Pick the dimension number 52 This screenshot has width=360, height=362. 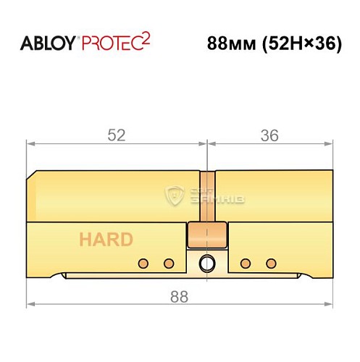116,135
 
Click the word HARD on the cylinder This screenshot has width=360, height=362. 106,240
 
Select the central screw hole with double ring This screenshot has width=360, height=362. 208,262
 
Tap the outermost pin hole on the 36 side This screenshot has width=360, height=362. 271,262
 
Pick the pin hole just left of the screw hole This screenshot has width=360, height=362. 169,262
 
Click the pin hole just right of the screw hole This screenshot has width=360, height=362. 246,262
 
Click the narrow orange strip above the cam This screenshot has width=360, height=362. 207,195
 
